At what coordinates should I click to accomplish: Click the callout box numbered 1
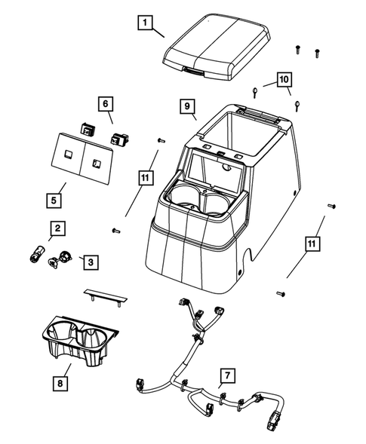coord(144,23)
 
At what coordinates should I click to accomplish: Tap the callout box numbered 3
coord(90,262)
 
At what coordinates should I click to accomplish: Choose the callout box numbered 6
coord(105,103)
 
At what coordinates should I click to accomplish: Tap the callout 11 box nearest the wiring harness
coord(312,243)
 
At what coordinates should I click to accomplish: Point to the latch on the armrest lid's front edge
coord(192,72)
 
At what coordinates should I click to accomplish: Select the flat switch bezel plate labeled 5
coord(80,158)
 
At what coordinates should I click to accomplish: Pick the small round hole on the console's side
coord(240,270)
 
